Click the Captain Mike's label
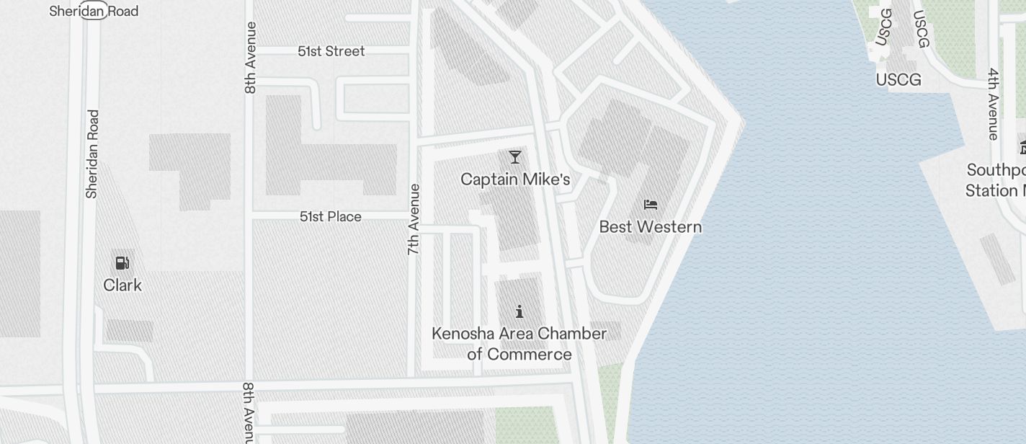pyautogui.click(x=515, y=179)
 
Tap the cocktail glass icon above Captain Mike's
pyautogui.click(x=514, y=157)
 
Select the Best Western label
pyautogui.click(x=650, y=227)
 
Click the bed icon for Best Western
pyautogui.click(x=651, y=205)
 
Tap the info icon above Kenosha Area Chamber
pyautogui.click(x=519, y=311)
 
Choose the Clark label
pyautogui.click(x=122, y=285)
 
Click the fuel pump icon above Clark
pyautogui.click(x=122, y=263)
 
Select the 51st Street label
pyautogui.click(x=331, y=51)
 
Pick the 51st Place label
pyautogui.click(x=331, y=216)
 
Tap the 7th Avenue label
pyautogui.click(x=414, y=219)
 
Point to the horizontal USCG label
pyautogui.click(x=898, y=79)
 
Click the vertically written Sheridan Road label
pyautogui.click(x=92, y=154)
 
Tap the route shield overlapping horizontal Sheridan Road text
pyautogui.click(x=94, y=10)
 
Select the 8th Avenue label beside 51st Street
pyautogui.click(x=250, y=58)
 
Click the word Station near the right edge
pyautogui.click(x=991, y=191)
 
